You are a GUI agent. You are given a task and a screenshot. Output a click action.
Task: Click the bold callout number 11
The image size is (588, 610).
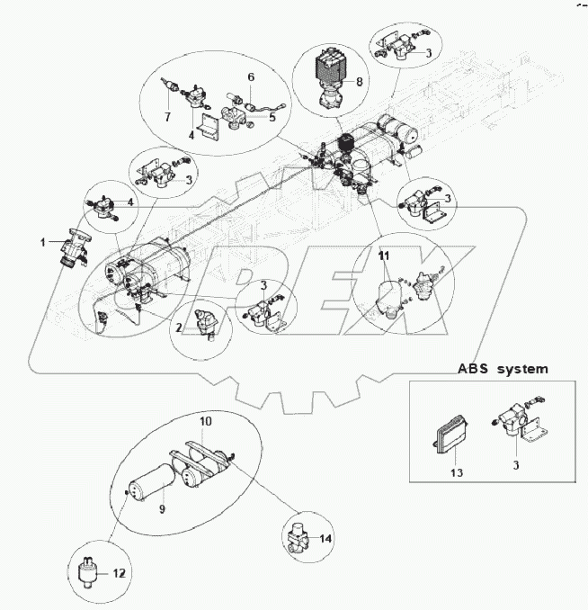click(384, 256)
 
